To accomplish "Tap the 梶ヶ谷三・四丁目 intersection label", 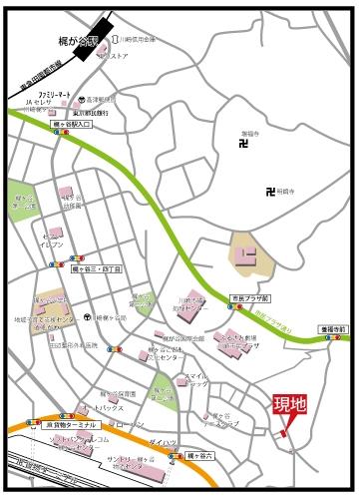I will pos(97,269).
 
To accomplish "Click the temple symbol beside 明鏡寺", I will pos(269,192).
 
